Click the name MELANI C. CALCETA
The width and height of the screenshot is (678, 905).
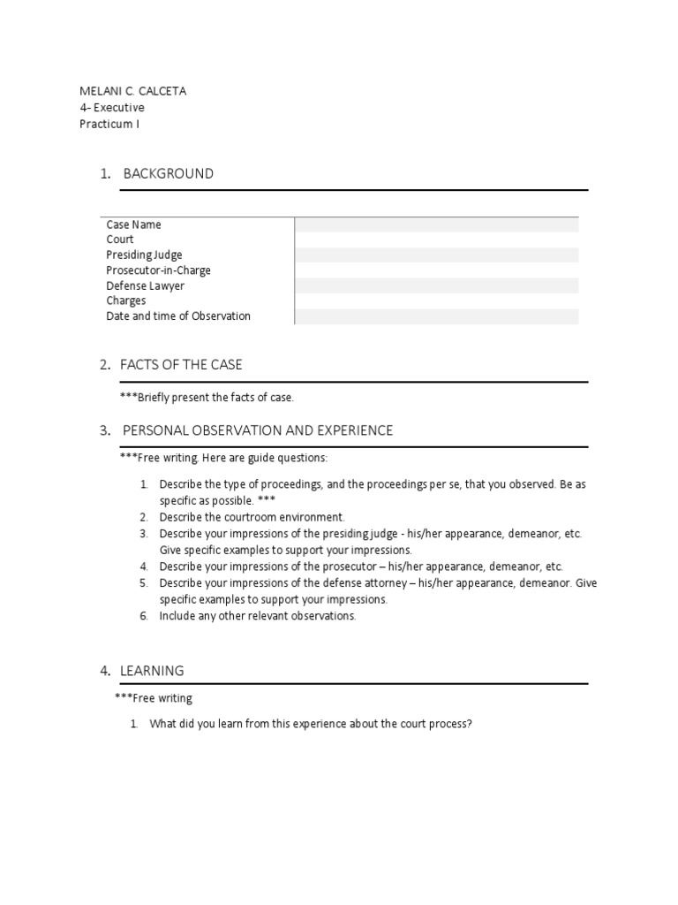click(132, 91)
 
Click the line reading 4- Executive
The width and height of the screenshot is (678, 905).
click(112, 108)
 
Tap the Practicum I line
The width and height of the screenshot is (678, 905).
click(109, 124)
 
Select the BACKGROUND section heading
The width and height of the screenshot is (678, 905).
click(168, 173)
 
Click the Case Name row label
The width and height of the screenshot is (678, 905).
click(134, 224)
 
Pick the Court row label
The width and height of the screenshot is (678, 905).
click(120, 240)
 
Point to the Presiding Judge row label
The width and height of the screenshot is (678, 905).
click(145, 255)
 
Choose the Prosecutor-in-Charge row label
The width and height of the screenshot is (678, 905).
click(159, 270)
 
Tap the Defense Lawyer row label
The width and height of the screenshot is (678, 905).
click(146, 285)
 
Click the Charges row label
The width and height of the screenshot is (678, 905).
click(126, 300)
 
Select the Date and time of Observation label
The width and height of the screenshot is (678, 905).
click(178, 316)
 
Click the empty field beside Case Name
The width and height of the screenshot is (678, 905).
click(436, 224)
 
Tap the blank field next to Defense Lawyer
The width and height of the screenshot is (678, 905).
click(436, 285)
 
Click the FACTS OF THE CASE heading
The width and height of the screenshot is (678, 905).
click(183, 364)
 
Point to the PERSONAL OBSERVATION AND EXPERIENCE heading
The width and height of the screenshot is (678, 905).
click(258, 430)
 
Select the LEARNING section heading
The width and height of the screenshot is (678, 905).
click(154, 672)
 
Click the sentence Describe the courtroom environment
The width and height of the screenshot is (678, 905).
click(252, 517)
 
